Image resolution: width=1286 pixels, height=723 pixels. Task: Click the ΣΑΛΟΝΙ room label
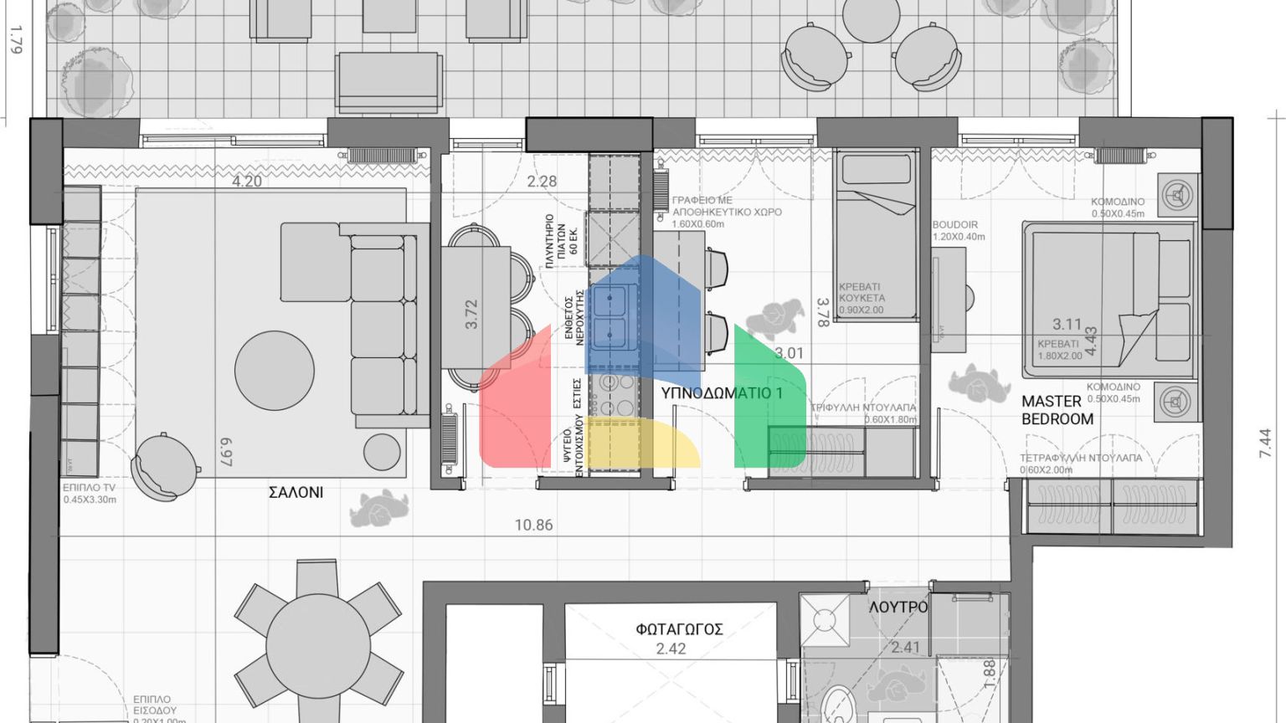point(296,493)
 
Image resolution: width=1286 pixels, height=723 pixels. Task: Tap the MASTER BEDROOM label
point(1057,410)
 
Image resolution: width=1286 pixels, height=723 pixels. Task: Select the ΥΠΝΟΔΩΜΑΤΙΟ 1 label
point(721,392)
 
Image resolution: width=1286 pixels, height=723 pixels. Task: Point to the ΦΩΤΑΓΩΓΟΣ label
point(679,629)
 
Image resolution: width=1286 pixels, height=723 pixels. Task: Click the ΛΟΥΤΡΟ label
point(898,607)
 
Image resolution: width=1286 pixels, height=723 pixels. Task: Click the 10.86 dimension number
point(533,526)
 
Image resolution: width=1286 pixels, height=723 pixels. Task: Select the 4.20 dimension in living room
point(246,181)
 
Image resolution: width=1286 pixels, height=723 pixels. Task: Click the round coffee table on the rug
point(275,369)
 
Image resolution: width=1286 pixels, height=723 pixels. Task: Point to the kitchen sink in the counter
point(610,318)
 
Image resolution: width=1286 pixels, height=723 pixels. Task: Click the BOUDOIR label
point(955,225)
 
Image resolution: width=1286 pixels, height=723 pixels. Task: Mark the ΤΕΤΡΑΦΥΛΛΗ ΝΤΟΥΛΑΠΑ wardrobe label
point(1080,458)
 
